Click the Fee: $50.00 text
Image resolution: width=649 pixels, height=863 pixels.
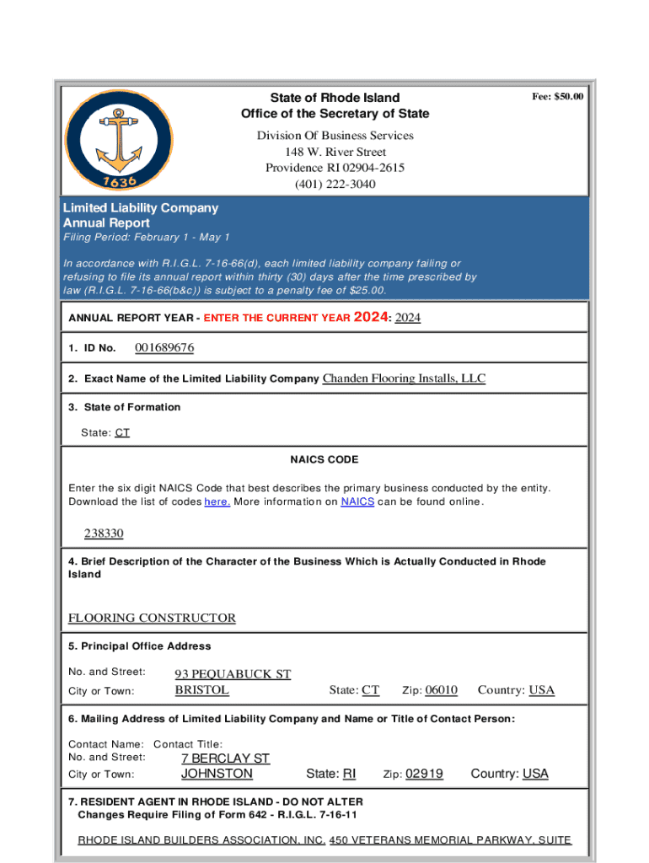coord(557,97)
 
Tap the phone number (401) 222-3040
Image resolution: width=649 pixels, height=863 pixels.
coord(335,184)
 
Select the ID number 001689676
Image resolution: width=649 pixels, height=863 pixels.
coord(164,348)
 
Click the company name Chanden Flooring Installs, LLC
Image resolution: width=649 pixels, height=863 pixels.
coord(404,378)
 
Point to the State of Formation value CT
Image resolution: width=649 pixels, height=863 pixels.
coord(122,432)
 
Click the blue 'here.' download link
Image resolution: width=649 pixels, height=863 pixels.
coord(217,502)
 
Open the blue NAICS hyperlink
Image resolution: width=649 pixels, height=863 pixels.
coord(357,502)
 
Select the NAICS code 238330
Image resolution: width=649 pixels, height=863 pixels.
coord(104,533)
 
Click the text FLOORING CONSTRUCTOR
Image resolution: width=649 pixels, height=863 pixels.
coord(152,618)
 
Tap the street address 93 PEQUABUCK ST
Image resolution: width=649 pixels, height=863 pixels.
coord(233,674)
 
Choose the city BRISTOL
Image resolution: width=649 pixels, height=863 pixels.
coord(201,690)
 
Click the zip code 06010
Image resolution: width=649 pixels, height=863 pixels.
coord(441,690)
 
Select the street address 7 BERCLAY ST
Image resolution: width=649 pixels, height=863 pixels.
coord(225,758)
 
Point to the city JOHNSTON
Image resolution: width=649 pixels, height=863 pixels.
coord(217,774)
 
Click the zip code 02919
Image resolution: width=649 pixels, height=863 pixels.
coord(424,774)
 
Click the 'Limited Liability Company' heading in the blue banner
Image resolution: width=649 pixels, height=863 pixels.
coord(141,208)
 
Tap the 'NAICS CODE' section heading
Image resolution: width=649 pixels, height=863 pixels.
coord(324,460)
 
